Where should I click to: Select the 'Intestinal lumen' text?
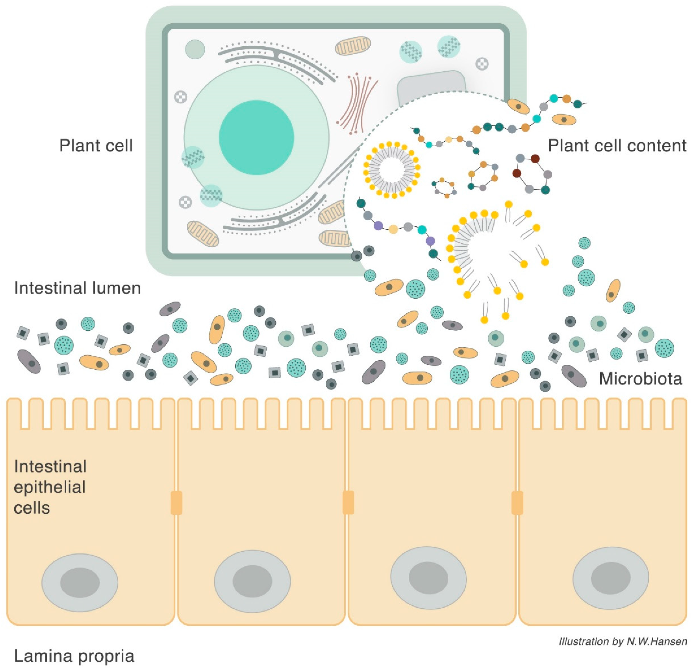77,288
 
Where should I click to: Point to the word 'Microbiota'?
640,379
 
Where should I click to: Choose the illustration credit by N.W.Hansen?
622,641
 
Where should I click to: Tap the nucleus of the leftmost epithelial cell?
80,583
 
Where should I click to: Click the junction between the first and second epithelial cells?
176,503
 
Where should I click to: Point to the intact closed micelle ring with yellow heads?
391,170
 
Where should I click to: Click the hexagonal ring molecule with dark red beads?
532,174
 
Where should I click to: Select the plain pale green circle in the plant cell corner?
195,49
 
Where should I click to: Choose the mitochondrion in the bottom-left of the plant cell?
203,233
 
